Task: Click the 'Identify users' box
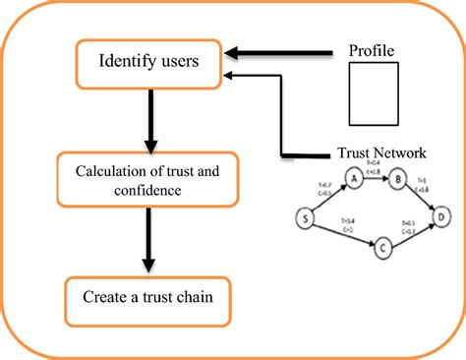(x=148, y=63)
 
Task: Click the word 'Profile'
(x=377, y=49)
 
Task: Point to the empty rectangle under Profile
(x=377, y=94)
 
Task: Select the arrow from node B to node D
(x=421, y=196)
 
